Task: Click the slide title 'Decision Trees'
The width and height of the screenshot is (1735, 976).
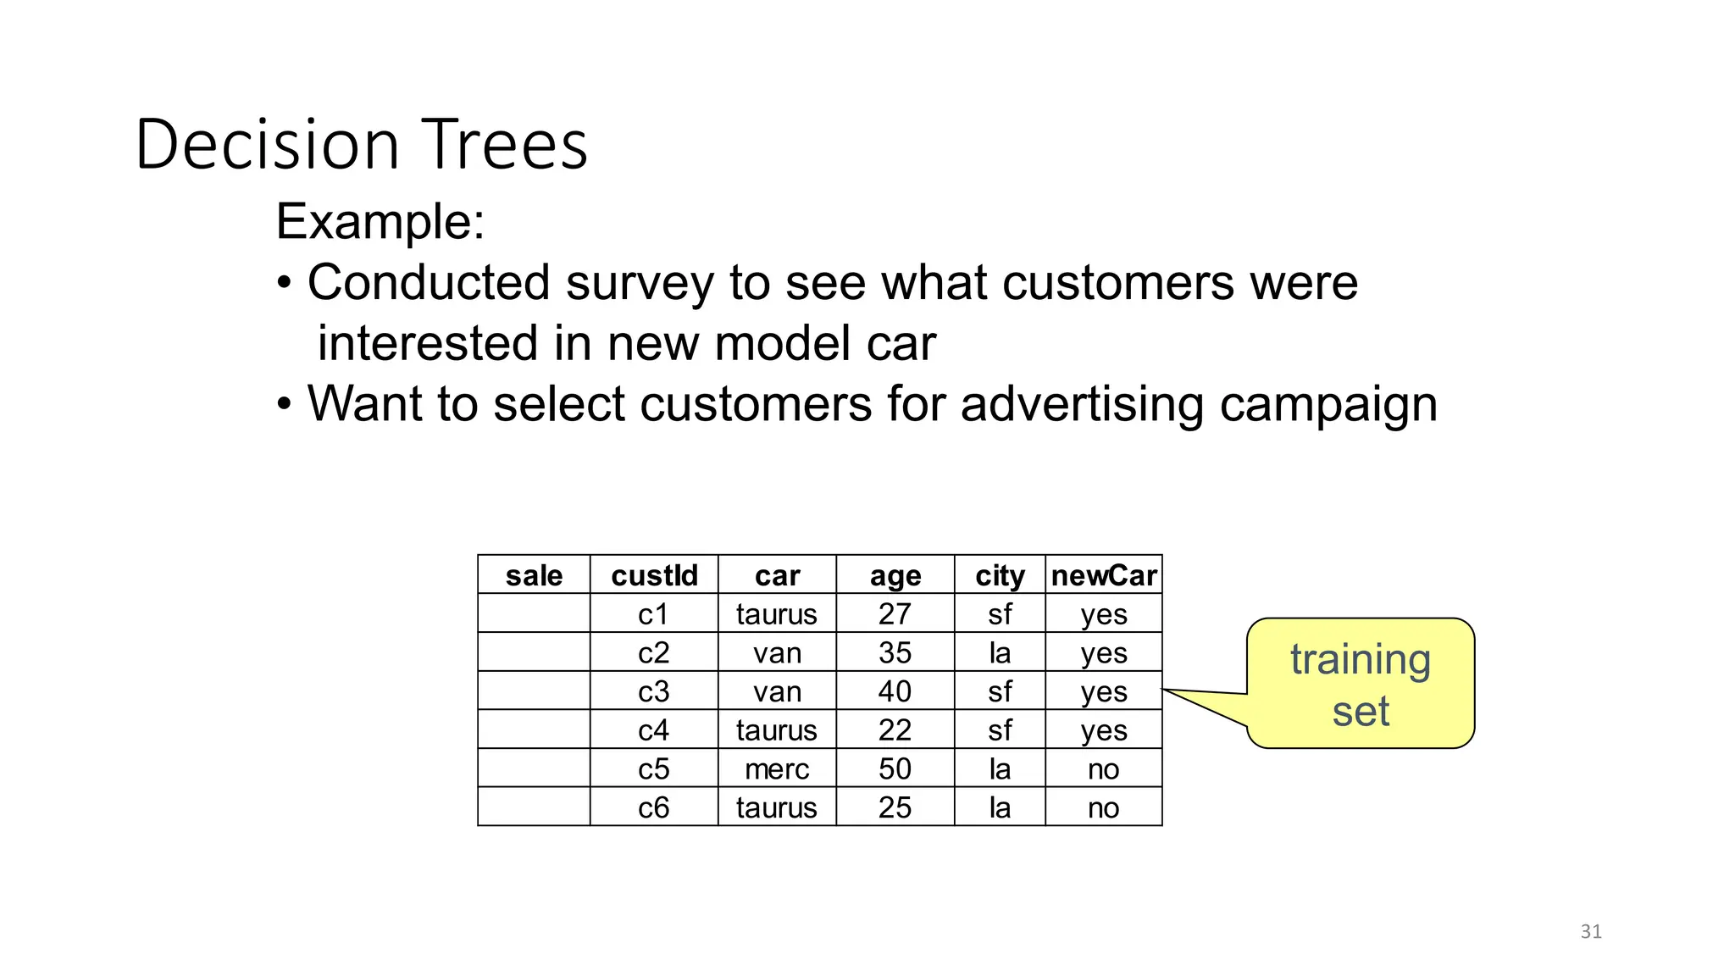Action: (361, 144)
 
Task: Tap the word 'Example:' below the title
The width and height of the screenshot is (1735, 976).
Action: (380, 222)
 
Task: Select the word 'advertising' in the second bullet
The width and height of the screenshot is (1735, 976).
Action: (1082, 403)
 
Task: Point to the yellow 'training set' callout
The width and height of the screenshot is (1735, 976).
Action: (1361, 684)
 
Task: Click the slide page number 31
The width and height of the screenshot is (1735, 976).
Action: (1591, 932)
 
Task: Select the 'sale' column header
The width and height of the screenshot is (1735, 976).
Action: (534, 575)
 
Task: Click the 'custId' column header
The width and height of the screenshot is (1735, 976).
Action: (654, 575)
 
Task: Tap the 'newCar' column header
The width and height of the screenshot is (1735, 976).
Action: (1104, 575)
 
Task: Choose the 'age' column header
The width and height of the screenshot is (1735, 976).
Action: (895, 575)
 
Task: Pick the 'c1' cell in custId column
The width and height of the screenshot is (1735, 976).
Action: (654, 614)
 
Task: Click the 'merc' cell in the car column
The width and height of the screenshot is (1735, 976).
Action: (777, 769)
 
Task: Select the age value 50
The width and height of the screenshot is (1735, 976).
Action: (895, 769)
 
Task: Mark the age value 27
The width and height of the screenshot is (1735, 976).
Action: (895, 614)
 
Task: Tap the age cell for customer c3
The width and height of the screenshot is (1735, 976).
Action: (895, 691)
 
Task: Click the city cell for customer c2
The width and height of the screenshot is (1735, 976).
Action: (1000, 653)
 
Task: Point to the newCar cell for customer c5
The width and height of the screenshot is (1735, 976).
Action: (1104, 769)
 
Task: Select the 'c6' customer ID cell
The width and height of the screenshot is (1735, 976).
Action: (654, 807)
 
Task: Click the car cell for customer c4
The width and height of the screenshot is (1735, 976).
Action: (777, 730)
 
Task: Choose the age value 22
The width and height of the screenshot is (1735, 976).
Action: (895, 730)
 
